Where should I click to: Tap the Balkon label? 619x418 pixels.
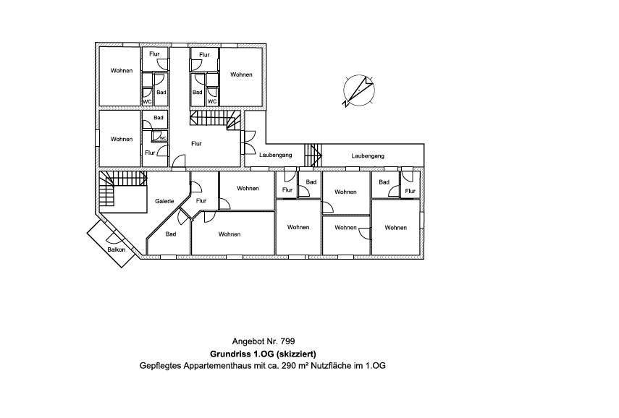117,249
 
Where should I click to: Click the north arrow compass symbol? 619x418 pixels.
358,90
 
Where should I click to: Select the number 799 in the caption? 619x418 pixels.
287,341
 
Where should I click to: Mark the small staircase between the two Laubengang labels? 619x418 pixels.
313,155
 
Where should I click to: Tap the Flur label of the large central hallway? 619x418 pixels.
196,143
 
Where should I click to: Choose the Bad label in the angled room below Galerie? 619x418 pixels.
171,234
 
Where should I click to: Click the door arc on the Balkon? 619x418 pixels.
114,237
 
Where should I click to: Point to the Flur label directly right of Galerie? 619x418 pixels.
201,201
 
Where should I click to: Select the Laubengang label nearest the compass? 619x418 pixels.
367,155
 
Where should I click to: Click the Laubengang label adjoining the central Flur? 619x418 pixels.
275,155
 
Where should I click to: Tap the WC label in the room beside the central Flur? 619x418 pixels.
163,137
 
